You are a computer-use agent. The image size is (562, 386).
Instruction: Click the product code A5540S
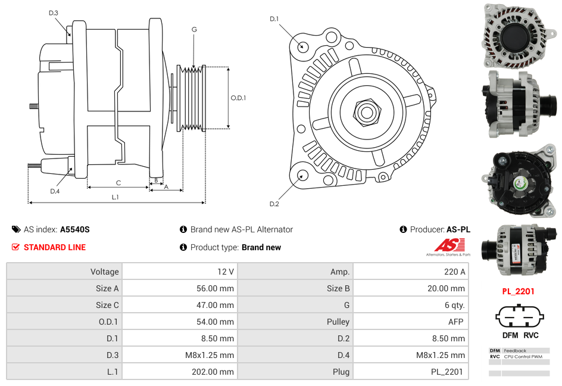click(75, 229)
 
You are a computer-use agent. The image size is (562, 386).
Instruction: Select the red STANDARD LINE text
click(55, 247)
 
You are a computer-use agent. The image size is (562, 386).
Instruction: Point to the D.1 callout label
click(274, 19)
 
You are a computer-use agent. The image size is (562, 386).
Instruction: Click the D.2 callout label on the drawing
click(274, 204)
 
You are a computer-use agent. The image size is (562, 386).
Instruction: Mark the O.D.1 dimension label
click(238, 98)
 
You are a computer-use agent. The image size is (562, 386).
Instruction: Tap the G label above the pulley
click(194, 29)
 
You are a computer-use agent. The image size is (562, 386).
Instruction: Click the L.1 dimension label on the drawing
click(115, 197)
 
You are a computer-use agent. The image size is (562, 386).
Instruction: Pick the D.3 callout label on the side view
click(54, 13)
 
